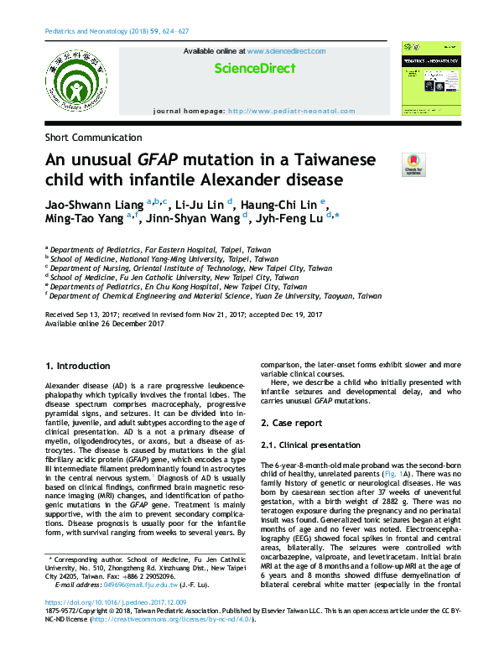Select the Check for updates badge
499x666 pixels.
(413, 164)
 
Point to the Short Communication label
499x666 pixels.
(93, 138)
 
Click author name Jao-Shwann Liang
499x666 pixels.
(94, 204)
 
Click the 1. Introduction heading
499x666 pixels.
(77, 366)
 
